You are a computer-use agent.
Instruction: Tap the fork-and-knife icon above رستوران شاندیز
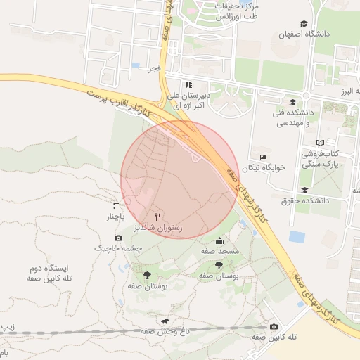tap(157, 216)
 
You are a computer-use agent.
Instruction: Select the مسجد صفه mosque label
tap(219, 251)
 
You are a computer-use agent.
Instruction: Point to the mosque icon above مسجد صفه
tap(219, 240)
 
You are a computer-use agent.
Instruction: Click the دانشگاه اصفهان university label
tap(303, 34)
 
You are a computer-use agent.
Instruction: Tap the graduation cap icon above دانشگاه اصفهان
tap(303, 23)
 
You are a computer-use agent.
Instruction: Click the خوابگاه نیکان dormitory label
tap(262, 168)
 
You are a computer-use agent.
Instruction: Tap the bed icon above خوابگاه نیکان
tap(262, 157)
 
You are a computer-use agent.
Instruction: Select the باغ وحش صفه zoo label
tap(147, 331)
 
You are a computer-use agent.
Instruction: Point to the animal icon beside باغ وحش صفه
tap(165, 321)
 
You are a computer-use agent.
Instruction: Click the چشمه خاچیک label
tap(118, 249)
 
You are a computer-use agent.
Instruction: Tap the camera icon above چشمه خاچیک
tap(118, 238)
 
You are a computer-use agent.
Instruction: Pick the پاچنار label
tap(116, 217)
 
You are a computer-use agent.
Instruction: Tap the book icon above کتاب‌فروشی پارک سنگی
tap(321, 143)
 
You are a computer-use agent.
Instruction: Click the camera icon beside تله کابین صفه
tap(274, 326)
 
